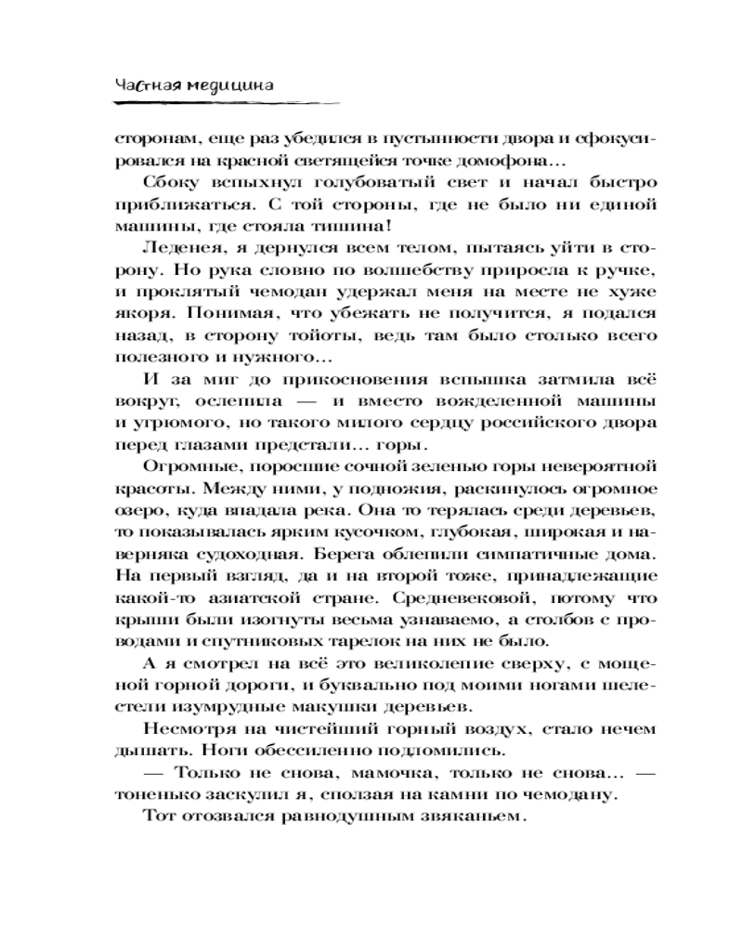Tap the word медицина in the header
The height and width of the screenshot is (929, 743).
point(230,85)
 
